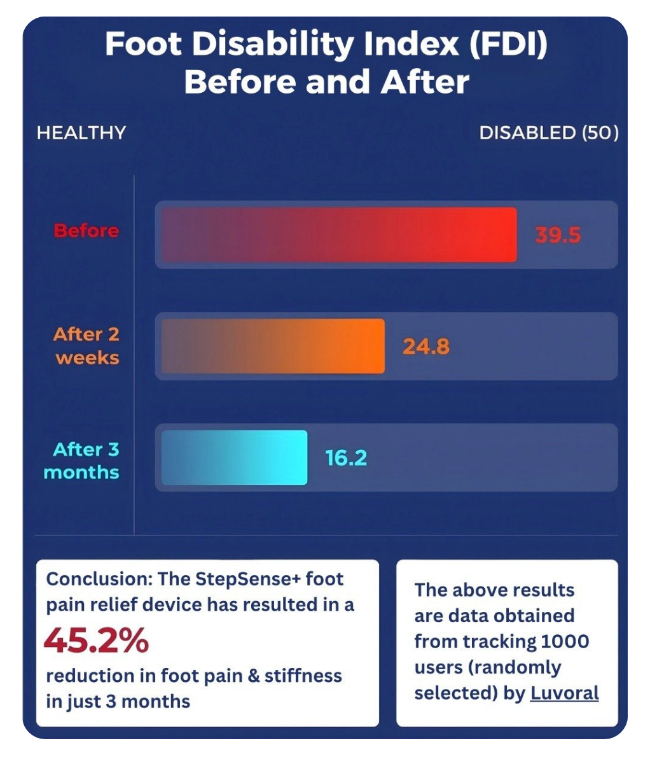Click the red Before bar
[338, 235]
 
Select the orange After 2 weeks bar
[273, 346]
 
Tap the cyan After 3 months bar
[234, 457]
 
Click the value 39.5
[558, 235]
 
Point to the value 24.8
[425, 347]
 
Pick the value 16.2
[346, 458]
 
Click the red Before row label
[86, 230]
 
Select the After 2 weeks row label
[86, 346]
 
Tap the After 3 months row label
[82, 461]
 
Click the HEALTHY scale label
[81, 133]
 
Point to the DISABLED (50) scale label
[548, 133]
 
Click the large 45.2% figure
[96, 641]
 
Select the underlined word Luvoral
[564, 693]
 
